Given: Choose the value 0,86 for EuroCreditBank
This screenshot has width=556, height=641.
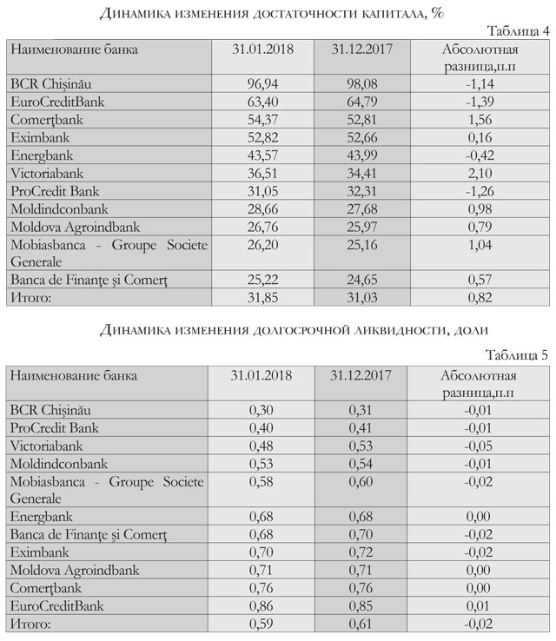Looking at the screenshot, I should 261,606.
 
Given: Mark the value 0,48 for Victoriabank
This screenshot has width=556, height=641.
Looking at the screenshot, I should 261,445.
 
